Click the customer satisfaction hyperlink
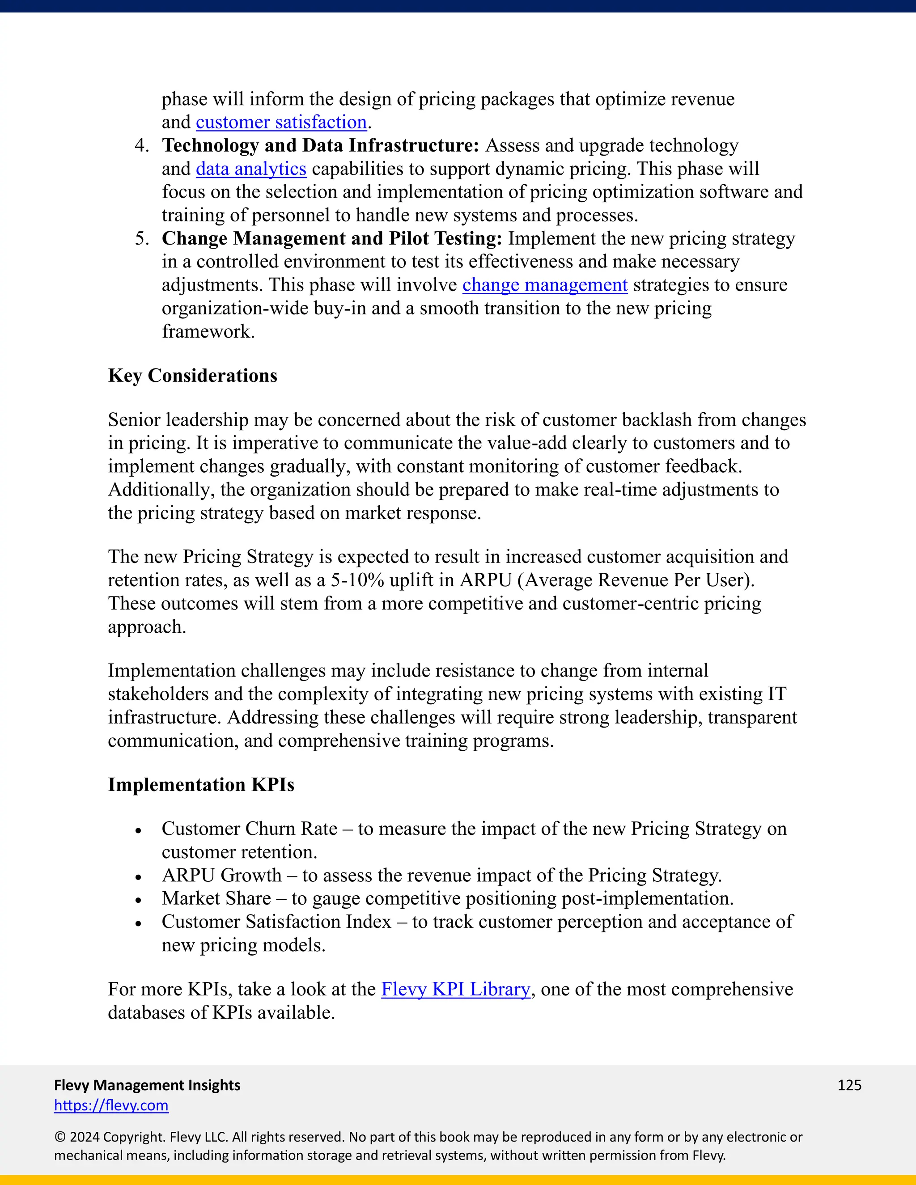pos(281,123)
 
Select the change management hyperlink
pos(545,285)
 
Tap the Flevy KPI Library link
pos(455,989)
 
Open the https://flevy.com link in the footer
pos(111,1105)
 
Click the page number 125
pos(849,1085)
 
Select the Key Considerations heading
pos(193,376)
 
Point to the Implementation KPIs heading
pos(201,785)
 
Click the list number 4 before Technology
pos(142,146)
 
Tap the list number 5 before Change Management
pos(142,239)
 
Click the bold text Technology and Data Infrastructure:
pos(320,146)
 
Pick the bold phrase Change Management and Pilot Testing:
pos(331,239)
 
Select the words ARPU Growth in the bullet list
pos(221,876)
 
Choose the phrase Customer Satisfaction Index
pos(276,922)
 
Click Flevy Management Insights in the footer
pos(147,1085)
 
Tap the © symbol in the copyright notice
pos(59,1137)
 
